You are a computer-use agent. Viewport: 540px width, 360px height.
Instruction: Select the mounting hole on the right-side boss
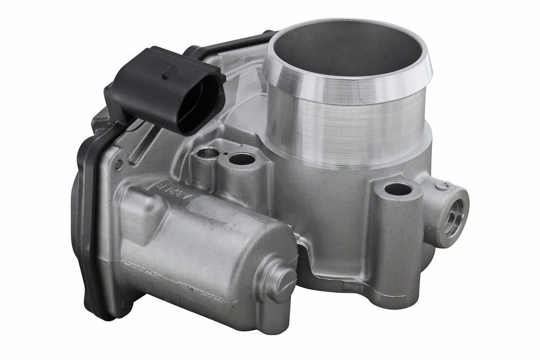[398, 189]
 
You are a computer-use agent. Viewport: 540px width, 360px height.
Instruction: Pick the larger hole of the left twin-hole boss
[242, 159]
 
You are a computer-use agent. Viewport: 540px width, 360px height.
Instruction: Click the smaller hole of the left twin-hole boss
[208, 153]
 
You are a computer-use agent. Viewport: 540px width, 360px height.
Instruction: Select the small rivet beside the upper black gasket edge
[118, 165]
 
